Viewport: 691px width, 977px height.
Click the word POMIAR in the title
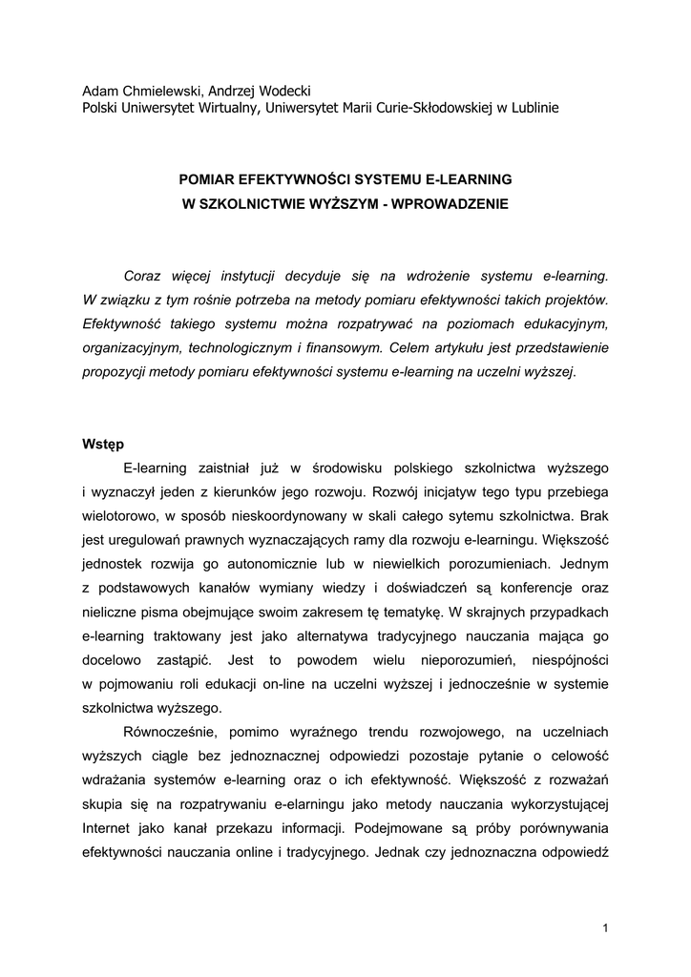(209, 178)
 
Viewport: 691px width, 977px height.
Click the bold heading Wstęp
(103, 444)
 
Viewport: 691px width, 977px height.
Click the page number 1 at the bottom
(605, 927)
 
